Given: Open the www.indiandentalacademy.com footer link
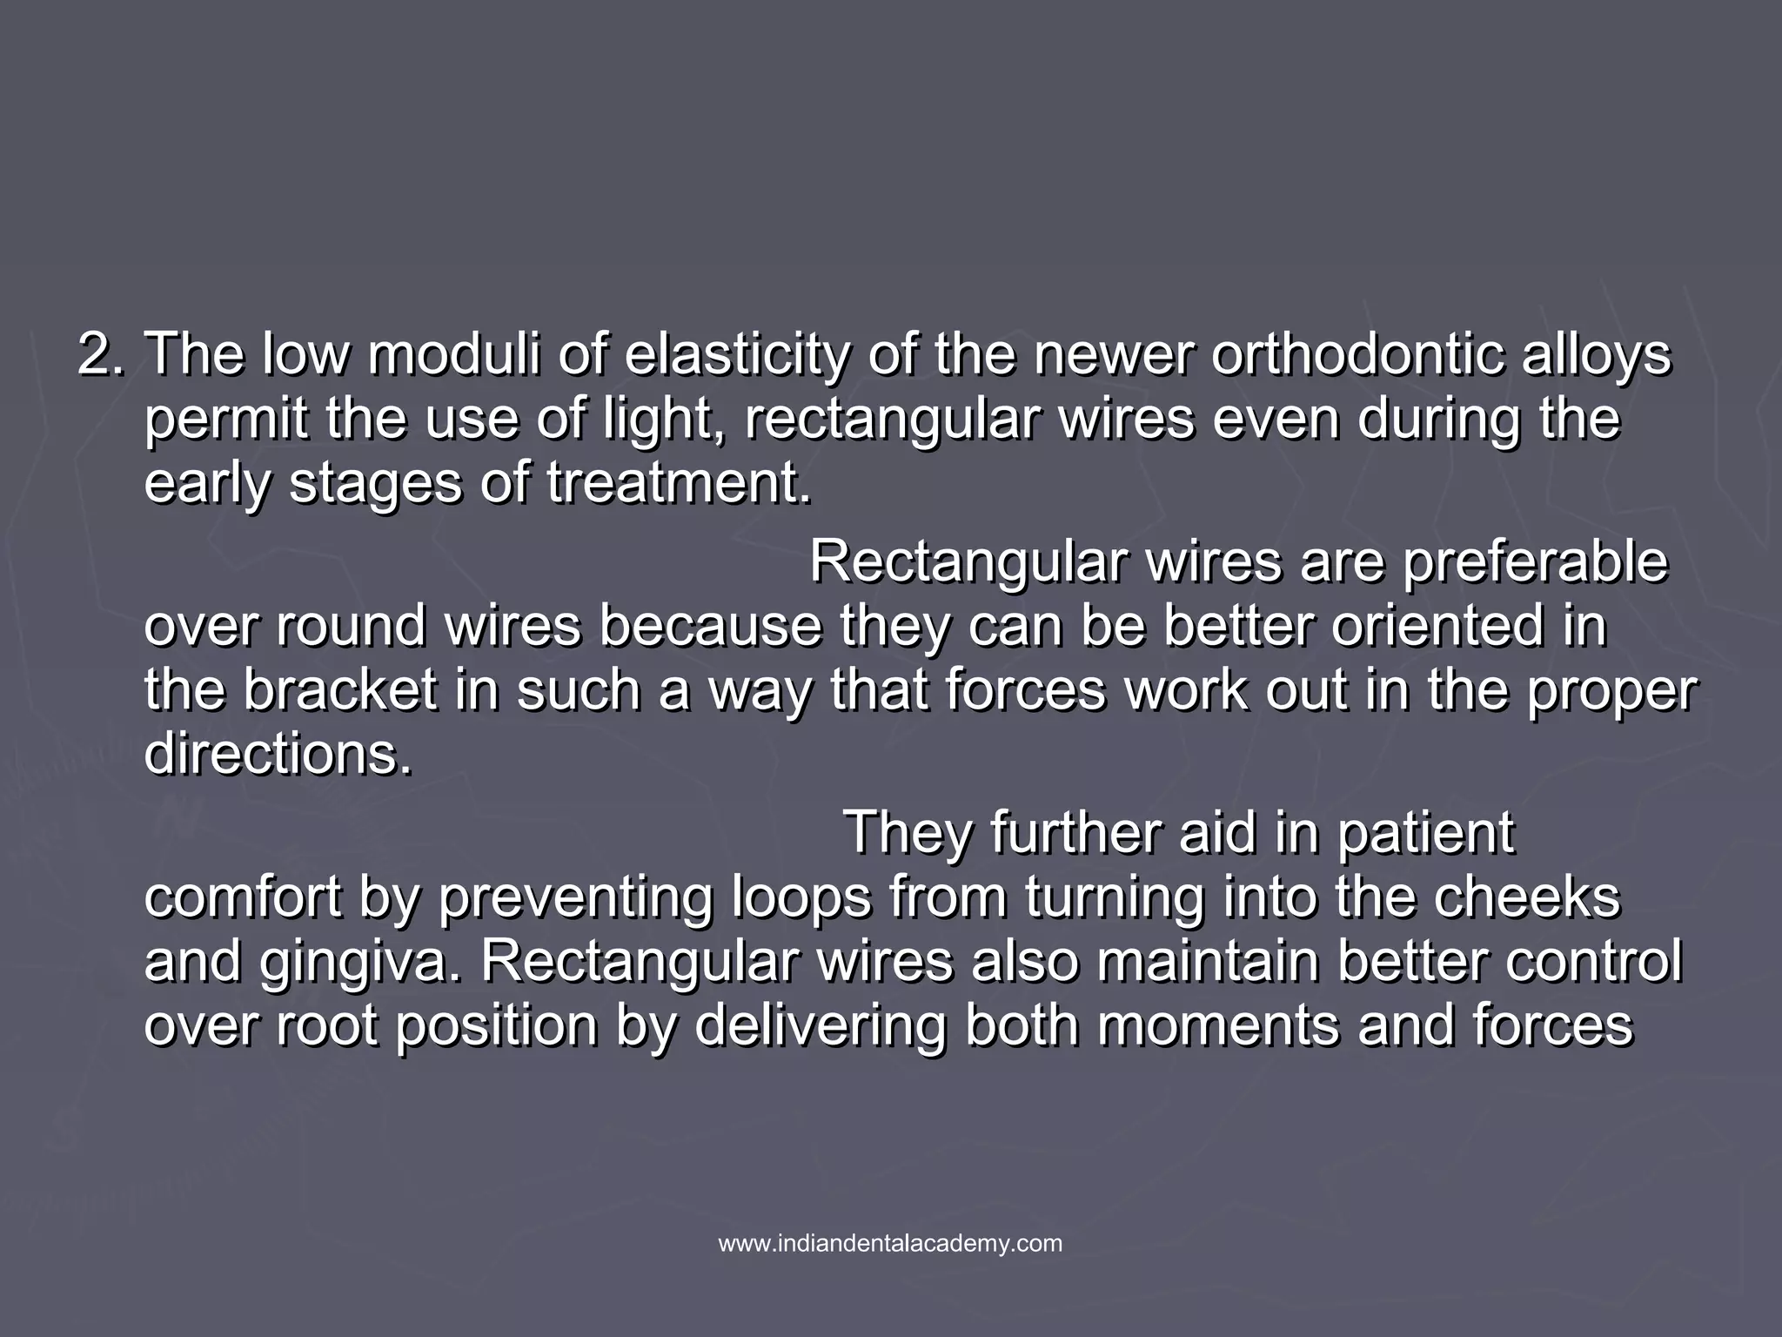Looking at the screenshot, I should (x=890, y=1244).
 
